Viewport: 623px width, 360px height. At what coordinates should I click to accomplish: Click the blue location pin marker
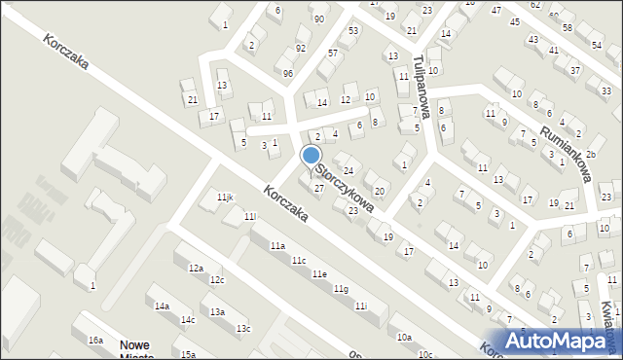tap(311, 157)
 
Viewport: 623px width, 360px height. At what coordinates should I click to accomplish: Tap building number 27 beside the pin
tap(318, 187)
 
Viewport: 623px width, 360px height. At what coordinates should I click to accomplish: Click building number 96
tap(288, 74)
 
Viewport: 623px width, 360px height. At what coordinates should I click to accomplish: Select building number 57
tap(333, 53)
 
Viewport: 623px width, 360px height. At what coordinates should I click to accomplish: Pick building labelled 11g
tap(340, 289)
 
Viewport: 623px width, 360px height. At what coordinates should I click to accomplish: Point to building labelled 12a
tap(196, 269)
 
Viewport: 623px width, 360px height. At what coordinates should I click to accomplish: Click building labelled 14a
tap(163, 306)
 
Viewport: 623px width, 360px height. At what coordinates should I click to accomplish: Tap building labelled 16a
tap(95, 341)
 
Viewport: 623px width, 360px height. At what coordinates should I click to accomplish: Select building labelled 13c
tap(242, 329)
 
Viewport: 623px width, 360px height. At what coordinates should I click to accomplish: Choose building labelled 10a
tap(404, 337)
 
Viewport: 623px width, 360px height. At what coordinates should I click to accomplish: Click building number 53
tap(352, 31)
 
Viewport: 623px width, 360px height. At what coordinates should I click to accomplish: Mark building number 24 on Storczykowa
tap(347, 171)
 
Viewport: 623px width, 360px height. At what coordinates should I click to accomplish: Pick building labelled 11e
tap(319, 275)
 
